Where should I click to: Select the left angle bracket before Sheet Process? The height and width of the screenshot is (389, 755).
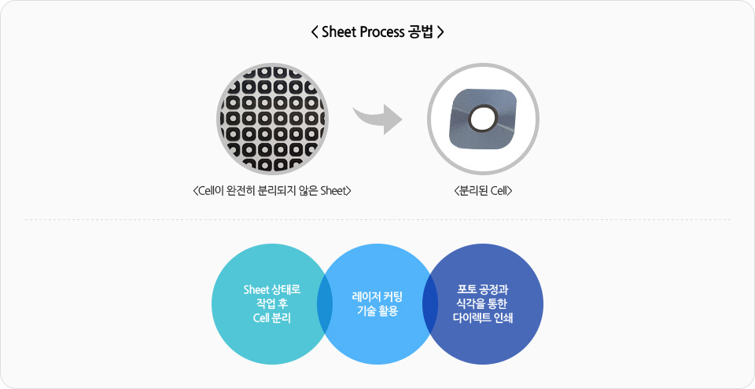click(x=315, y=32)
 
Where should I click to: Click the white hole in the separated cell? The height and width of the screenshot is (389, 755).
click(x=483, y=119)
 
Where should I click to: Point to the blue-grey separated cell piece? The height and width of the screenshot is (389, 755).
click(x=484, y=119)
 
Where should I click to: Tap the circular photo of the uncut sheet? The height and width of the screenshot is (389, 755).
click(x=273, y=119)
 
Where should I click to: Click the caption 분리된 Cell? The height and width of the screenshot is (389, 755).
click(x=483, y=191)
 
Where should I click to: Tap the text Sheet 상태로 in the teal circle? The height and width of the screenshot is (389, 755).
click(x=272, y=290)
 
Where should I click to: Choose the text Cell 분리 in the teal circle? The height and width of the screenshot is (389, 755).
click(x=272, y=318)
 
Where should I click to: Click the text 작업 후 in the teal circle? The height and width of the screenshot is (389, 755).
click(x=272, y=304)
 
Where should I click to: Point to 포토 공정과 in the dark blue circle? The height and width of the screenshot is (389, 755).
click(x=483, y=290)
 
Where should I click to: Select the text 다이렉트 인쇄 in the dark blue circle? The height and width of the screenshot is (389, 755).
click(x=483, y=318)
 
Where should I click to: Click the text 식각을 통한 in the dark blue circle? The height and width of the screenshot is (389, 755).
click(x=483, y=304)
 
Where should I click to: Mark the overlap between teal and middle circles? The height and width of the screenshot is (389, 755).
click(x=325, y=304)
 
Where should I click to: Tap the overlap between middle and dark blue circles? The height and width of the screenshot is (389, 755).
click(x=430, y=304)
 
